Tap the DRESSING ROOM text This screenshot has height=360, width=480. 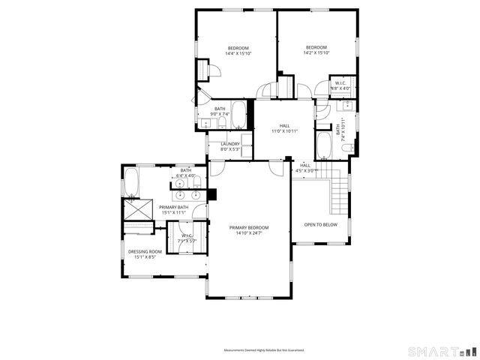(145, 252)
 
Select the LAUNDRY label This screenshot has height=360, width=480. (230, 144)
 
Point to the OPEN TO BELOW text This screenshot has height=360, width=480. (320, 224)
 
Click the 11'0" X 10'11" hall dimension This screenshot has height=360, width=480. (284, 131)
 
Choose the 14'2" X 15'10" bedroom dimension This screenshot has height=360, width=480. (316, 52)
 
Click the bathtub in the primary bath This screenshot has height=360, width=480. (130, 182)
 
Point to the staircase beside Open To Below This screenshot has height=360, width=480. (340, 193)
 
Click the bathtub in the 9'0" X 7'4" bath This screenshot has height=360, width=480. (238, 115)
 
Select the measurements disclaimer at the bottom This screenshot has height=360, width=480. (263, 350)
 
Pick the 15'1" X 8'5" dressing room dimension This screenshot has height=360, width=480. (145, 257)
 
